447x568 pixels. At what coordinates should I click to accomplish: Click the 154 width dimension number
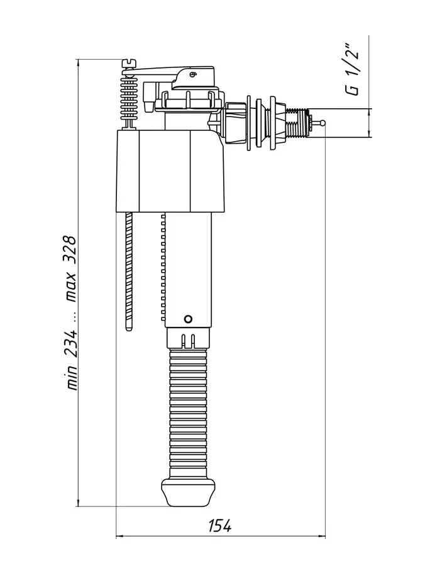(220, 526)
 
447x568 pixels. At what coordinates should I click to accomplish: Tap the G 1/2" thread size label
(352, 70)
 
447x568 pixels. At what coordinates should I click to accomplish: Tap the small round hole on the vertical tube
(188, 319)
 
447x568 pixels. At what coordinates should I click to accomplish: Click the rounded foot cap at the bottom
(188, 492)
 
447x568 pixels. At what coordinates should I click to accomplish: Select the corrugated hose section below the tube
(188, 413)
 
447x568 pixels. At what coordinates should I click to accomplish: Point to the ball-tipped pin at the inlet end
(318, 123)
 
